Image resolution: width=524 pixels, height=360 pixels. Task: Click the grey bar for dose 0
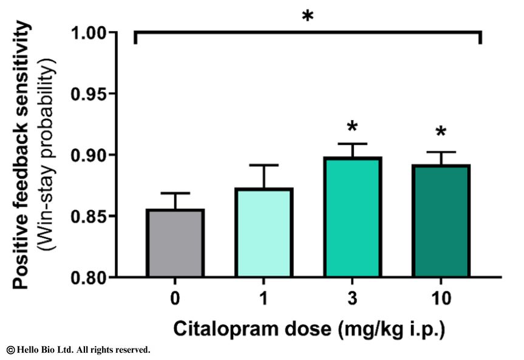pyautogui.click(x=175, y=243)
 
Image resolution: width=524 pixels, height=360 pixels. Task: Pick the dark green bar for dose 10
pyautogui.click(x=441, y=221)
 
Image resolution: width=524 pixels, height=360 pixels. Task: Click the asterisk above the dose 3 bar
pyautogui.click(x=352, y=127)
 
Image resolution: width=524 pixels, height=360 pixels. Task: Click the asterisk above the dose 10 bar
pyautogui.click(x=441, y=133)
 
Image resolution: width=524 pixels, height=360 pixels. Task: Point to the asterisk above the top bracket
pyautogui.click(x=308, y=16)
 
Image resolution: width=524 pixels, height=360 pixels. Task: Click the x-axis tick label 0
pyautogui.click(x=175, y=299)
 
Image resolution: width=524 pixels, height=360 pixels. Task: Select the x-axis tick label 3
pyautogui.click(x=352, y=299)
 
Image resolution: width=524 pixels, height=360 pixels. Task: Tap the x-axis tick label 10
pyautogui.click(x=441, y=299)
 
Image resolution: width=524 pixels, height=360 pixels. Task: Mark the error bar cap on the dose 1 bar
pyautogui.click(x=264, y=165)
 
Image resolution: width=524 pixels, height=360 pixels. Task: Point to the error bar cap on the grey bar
pyautogui.click(x=175, y=194)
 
